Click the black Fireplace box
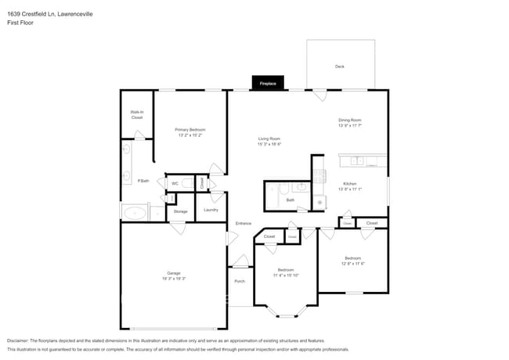click(x=268, y=83)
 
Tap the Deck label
click(x=340, y=67)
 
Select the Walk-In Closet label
click(x=136, y=115)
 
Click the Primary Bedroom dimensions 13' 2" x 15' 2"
click(x=190, y=135)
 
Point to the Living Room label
click(x=269, y=139)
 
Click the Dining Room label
click(x=349, y=120)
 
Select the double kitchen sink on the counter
click(x=357, y=161)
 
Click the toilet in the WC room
click(x=188, y=184)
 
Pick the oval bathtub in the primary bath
click(x=134, y=212)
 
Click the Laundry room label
click(x=211, y=210)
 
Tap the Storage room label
click(x=180, y=211)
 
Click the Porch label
click(x=240, y=281)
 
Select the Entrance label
click(x=243, y=223)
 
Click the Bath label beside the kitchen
click(x=290, y=200)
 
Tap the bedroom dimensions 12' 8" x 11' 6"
click(x=353, y=263)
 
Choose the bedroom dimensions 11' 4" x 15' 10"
click(x=285, y=275)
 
